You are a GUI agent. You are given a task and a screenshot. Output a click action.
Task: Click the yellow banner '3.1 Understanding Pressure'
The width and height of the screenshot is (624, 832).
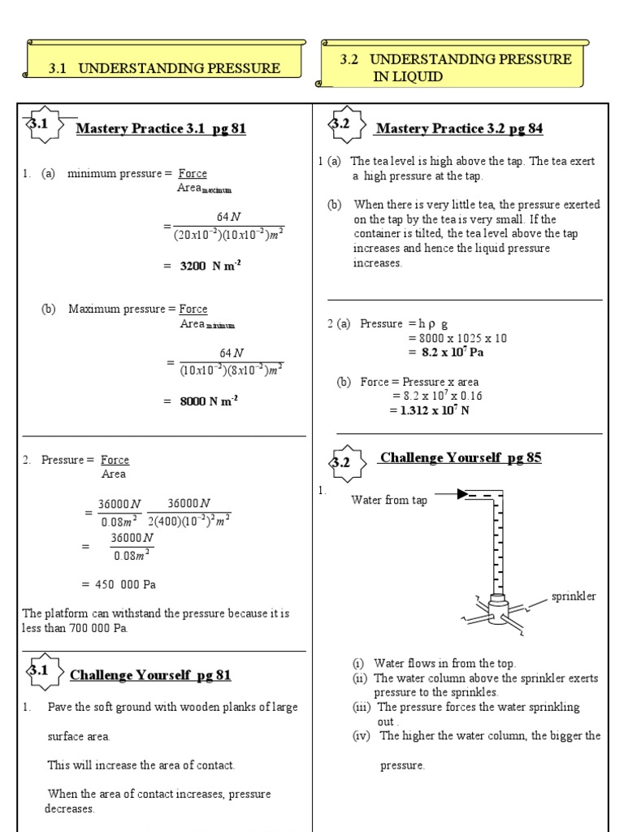(x=166, y=68)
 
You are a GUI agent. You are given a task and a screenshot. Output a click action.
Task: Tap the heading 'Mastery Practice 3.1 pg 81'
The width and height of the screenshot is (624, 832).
(x=160, y=128)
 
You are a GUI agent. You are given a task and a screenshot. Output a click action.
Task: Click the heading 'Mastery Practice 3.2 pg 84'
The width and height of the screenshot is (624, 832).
(x=459, y=128)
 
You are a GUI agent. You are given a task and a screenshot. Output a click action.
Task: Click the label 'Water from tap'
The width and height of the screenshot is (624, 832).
(x=388, y=500)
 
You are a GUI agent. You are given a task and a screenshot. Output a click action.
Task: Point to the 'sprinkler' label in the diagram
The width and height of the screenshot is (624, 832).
(x=574, y=596)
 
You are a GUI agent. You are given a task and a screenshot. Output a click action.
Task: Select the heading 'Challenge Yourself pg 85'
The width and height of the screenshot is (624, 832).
(x=459, y=457)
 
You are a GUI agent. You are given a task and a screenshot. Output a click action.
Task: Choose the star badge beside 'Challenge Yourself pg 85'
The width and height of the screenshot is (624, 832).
(x=340, y=461)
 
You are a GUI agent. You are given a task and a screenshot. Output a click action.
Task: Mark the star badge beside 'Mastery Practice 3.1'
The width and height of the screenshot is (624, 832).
(x=40, y=124)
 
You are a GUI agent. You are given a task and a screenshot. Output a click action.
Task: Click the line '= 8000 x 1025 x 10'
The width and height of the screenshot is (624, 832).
(x=457, y=338)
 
